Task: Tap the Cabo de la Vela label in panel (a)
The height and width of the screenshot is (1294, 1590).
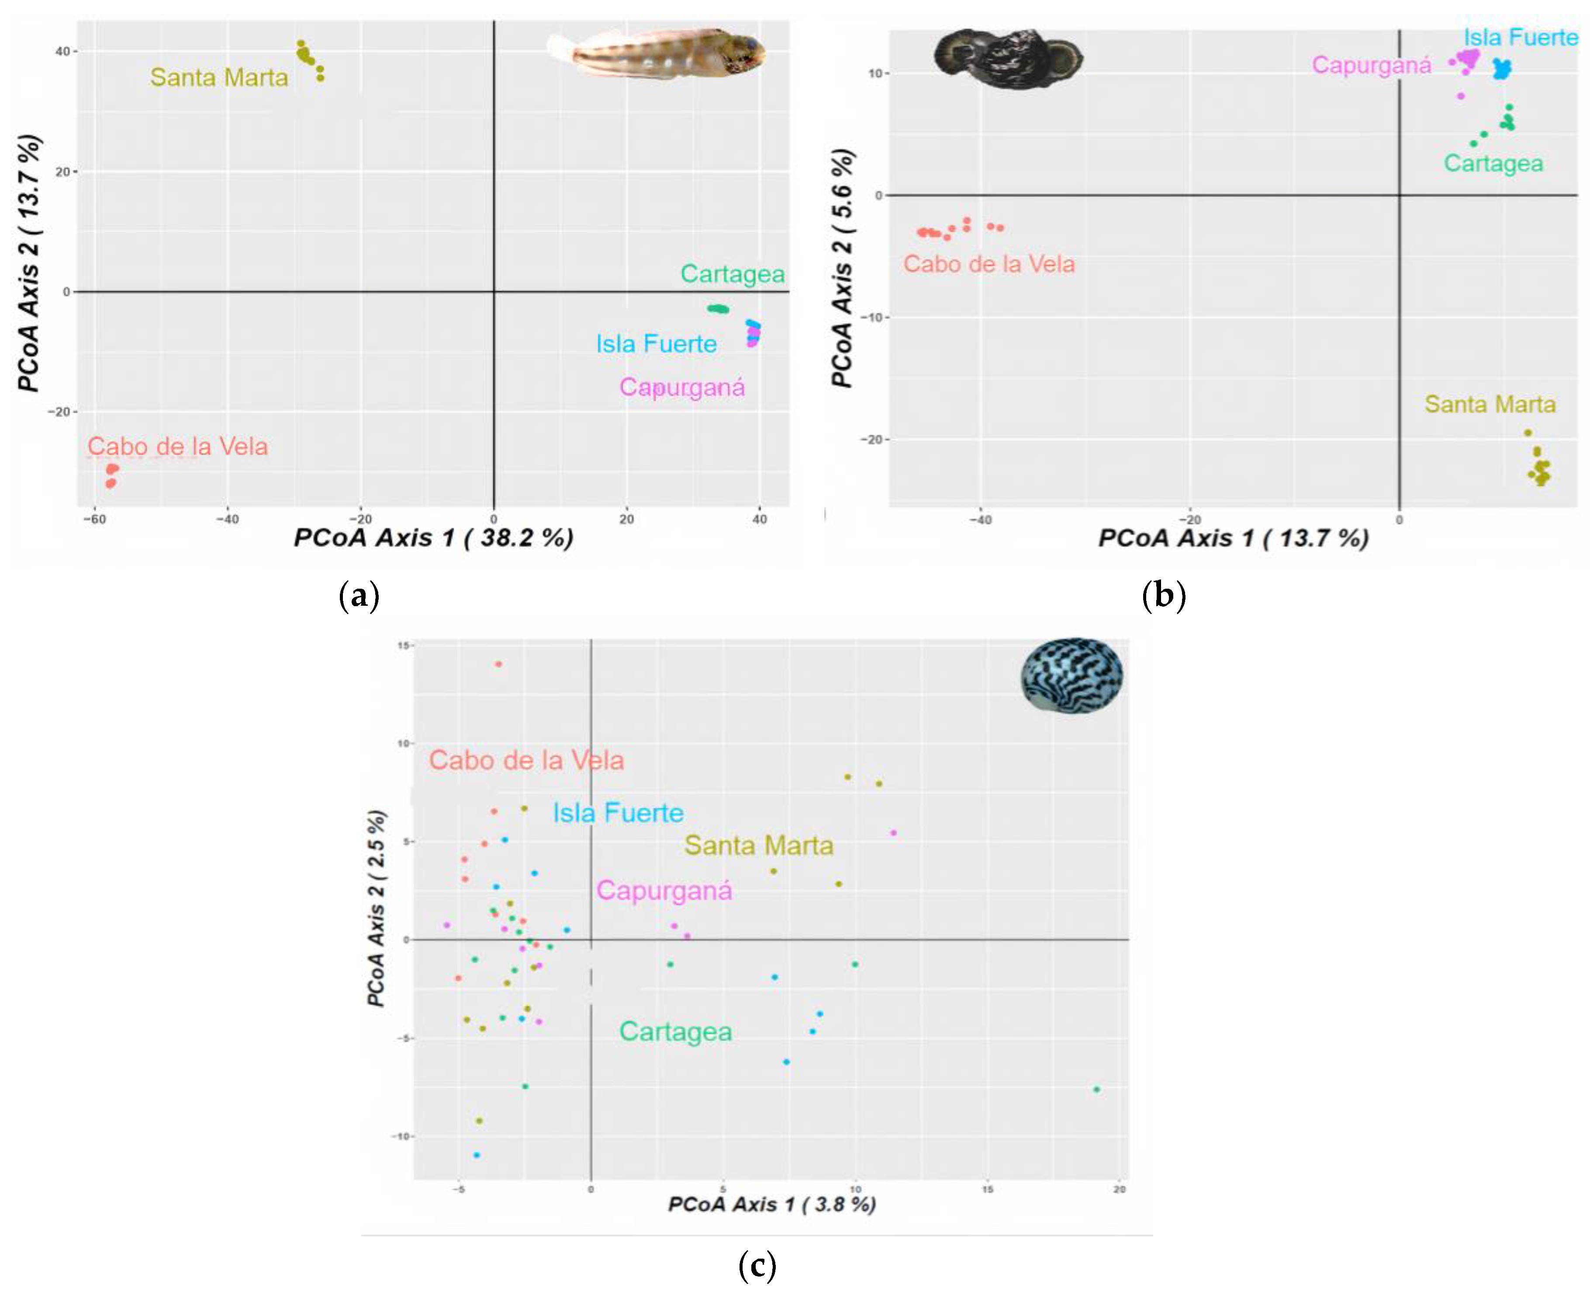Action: click(177, 446)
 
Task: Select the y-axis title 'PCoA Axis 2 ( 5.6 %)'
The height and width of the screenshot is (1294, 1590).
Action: click(842, 268)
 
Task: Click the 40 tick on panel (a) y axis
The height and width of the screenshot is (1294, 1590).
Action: click(62, 52)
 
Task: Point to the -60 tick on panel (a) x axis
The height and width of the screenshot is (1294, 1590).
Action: click(94, 520)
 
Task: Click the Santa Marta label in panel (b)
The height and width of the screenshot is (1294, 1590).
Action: click(1490, 404)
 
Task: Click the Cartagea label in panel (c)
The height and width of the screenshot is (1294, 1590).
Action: click(675, 1032)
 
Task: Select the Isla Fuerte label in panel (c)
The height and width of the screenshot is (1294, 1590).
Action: click(618, 812)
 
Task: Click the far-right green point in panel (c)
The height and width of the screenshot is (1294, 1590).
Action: click(1096, 1090)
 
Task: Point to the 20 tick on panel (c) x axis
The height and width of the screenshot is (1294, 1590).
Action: click(1119, 1190)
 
